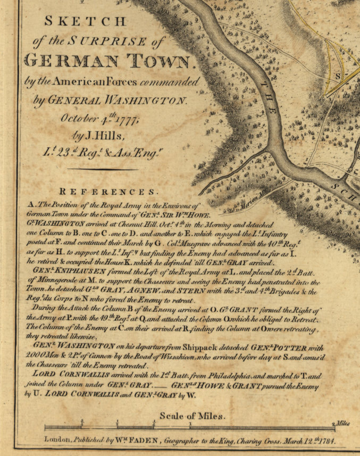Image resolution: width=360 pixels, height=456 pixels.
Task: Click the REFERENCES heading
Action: click(x=109, y=191)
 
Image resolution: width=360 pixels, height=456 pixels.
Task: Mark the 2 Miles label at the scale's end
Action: click(x=341, y=424)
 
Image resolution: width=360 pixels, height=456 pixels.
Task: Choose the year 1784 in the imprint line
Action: click(x=330, y=441)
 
